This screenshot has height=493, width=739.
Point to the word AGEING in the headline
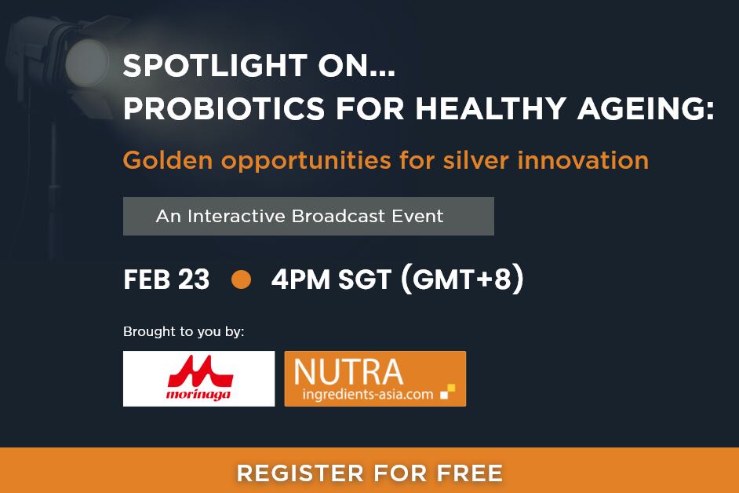coord(646,110)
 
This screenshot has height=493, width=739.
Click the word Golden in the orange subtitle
coord(168,160)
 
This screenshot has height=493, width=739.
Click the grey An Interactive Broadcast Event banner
coord(308,216)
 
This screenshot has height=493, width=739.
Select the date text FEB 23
coord(166,279)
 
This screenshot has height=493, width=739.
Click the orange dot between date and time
coord(241,279)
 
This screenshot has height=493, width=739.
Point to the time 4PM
coord(300,279)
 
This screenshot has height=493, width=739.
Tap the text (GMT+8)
coord(462,279)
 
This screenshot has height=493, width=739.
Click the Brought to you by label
coord(184,331)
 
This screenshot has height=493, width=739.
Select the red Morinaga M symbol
coord(199,369)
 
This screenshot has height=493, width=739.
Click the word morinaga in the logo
coord(198,393)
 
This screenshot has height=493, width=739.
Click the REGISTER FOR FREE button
coord(369,473)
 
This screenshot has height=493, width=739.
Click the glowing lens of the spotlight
coord(87,64)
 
